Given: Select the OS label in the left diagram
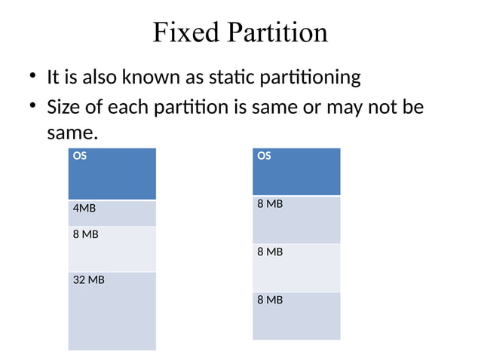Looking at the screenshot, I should (79, 157).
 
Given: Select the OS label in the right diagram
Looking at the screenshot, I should (264, 157).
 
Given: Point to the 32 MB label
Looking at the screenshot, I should (88, 280).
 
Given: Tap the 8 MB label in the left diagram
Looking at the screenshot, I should (86, 234).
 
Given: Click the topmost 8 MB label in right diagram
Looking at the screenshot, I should (270, 204).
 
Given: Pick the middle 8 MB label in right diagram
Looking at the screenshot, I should (270, 252).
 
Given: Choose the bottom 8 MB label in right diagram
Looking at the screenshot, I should (270, 300).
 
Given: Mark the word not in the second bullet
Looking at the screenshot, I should (383, 108).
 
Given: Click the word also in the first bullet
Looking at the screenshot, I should (118, 78).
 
